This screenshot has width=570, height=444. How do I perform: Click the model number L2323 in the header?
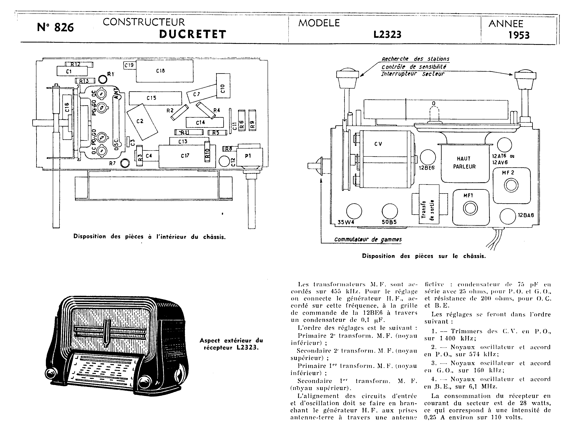(387, 34)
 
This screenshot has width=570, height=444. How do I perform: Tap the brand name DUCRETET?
(193, 34)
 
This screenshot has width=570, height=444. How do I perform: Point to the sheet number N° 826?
(56, 27)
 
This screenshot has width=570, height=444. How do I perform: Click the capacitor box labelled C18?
(165, 71)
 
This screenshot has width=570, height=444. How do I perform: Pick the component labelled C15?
(155, 98)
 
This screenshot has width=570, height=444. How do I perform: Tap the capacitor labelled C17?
(187, 156)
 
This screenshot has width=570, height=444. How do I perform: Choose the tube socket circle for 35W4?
(354, 211)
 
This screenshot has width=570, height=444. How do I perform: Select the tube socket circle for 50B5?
(390, 211)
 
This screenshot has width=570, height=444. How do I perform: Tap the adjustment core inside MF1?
(470, 208)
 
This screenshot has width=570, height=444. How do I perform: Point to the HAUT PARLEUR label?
(464, 163)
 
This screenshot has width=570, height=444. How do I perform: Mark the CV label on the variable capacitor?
(378, 144)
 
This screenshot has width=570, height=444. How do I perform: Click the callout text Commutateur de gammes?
(368, 240)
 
